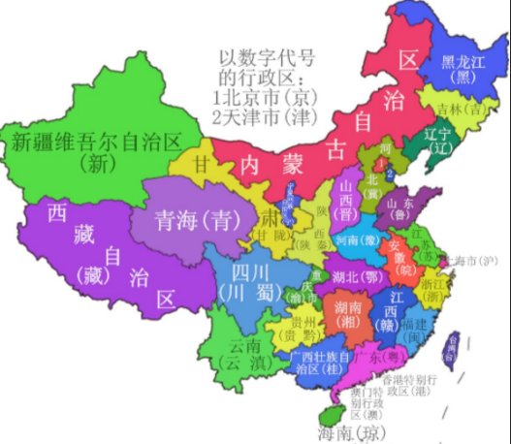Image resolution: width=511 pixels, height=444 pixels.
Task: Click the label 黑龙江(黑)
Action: pyautogui.click(x=461, y=68)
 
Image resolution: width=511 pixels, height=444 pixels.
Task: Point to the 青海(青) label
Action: pyautogui.click(x=185, y=219)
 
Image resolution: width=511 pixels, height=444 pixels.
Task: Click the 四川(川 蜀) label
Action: pyautogui.click(x=243, y=278)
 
